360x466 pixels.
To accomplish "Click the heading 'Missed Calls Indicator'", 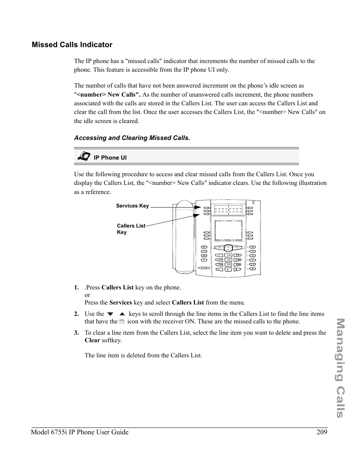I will (x=72, y=45).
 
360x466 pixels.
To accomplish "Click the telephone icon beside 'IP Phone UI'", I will (x=84, y=156).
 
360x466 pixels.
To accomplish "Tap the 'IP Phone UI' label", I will (x=110, y=158).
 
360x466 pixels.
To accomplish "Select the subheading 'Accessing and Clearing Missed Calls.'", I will (x=132, y=138).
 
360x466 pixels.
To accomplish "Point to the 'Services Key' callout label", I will (x=132, y=206).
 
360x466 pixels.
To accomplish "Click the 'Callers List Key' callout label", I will (x=131, y=229).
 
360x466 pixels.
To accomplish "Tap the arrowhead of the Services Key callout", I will (x=198, y=207).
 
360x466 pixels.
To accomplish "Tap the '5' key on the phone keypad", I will (x=228, y=260).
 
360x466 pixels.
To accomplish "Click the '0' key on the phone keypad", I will (x=228, y=269).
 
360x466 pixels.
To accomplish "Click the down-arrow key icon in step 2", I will (x=110, y=314).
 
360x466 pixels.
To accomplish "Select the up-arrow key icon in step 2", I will (x=122, y=314).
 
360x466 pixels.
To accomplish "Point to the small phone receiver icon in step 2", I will (x=122, y=322).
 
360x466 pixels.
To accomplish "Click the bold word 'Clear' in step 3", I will (x=92, y=340).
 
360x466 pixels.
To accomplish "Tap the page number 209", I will (x=322, y=432).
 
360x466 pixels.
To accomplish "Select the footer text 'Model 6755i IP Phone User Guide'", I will (x=80, y=432).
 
